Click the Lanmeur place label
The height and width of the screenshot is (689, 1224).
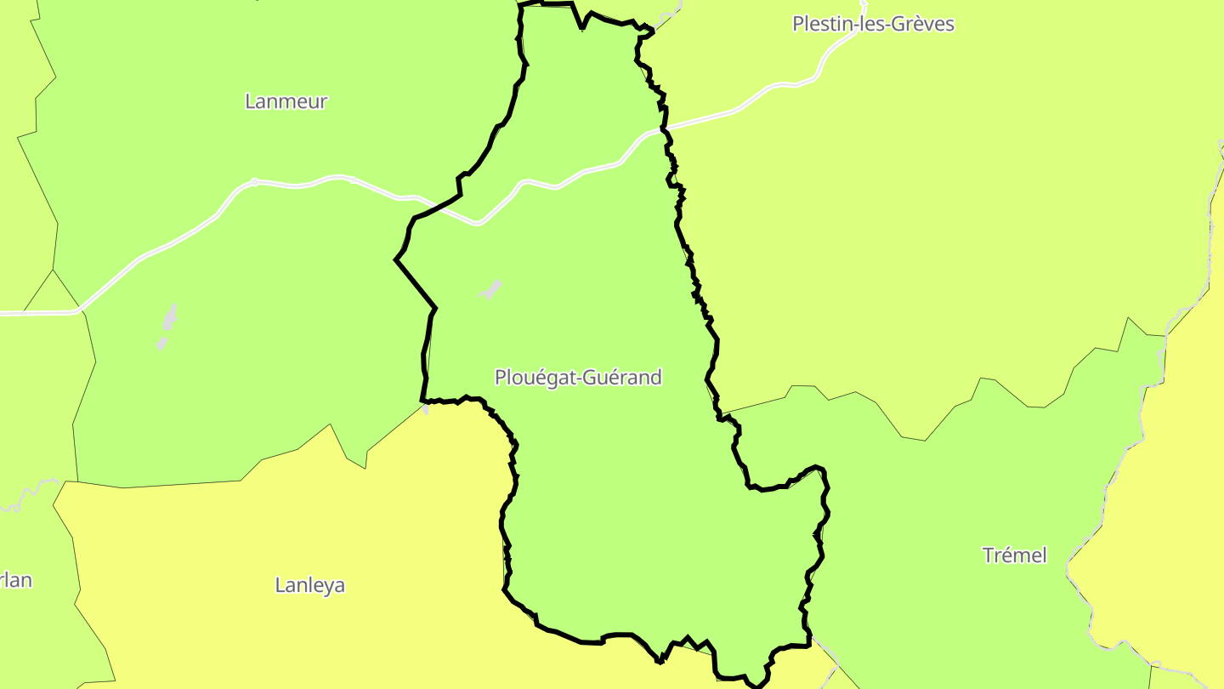[286, 101]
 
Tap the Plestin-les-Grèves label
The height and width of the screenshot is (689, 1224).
[873, 24]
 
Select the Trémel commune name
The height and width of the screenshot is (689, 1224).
[1014, 555]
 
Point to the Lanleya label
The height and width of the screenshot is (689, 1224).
[310, 585]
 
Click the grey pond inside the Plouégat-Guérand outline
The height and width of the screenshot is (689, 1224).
[490, 289]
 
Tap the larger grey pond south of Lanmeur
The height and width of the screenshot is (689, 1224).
[170, 317]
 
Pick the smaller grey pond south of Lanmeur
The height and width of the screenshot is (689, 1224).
[161, 344]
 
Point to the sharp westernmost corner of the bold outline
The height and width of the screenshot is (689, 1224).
[396, 259]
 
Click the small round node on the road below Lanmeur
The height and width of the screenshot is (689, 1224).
[254, 181]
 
